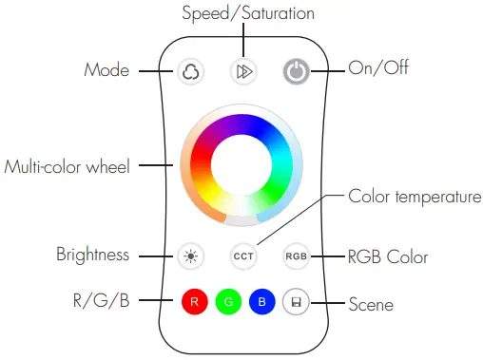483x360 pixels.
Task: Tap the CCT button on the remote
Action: tap(242, 256)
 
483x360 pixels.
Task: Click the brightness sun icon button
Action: tap(191, 256)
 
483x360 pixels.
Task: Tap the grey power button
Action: tap(296, 72)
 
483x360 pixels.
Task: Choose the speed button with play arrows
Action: tap(242, 72)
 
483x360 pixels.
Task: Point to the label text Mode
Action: tap(106, 70)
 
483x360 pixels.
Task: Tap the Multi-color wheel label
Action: tap(67, 166)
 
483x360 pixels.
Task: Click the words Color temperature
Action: tap(415, 197)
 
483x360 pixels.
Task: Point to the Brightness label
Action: tap(91, 256)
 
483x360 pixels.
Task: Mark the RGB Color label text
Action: tap(388, 256)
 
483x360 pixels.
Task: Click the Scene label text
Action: tap(370, 305)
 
